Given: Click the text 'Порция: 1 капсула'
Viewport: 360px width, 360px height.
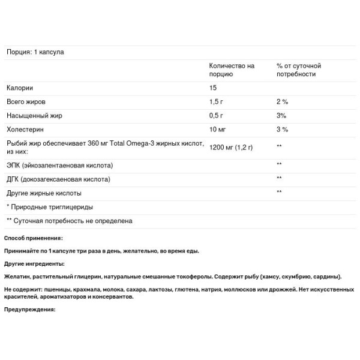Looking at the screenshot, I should coord(35,52).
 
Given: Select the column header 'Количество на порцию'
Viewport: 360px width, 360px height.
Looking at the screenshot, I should coord(232,70).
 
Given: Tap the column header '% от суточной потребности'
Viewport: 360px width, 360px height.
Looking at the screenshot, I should coord(299,70).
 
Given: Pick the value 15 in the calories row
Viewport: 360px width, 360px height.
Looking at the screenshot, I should coord(212,88).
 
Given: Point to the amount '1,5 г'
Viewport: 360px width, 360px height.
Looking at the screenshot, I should coord(216,101).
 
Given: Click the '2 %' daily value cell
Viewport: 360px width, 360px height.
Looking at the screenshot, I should coord(282,101).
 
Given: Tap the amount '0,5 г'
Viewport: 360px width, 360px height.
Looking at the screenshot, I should coord(216,115).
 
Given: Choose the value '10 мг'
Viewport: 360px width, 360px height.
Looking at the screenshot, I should coord(218,129).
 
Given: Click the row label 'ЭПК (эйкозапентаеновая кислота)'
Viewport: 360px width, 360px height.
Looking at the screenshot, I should coord(59,164).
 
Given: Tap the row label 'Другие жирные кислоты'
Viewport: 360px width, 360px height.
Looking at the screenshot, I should coord(43,193).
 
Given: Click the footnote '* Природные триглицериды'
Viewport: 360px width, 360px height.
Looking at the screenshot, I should coord(50,207).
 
